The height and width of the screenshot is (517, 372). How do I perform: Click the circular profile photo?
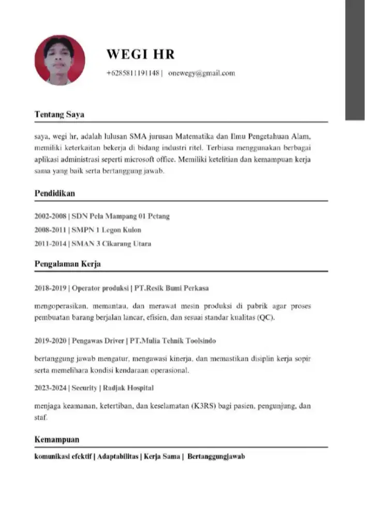pos(60,60)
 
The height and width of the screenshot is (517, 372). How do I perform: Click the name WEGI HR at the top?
pos(141,54)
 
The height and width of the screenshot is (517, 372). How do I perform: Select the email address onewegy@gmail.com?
pos(202,73)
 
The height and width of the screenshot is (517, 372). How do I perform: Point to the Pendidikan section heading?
pos(54,193)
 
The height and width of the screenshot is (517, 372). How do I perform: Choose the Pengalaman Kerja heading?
pos(67,264)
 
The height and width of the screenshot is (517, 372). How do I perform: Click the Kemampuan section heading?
pos(56,439)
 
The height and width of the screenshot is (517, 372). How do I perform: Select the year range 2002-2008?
pos(50,216)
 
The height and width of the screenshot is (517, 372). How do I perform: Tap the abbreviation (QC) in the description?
pos(265,317)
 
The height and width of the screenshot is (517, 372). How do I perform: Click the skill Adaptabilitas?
pos(118,457)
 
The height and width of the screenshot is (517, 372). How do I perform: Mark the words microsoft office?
pos(147,160)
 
